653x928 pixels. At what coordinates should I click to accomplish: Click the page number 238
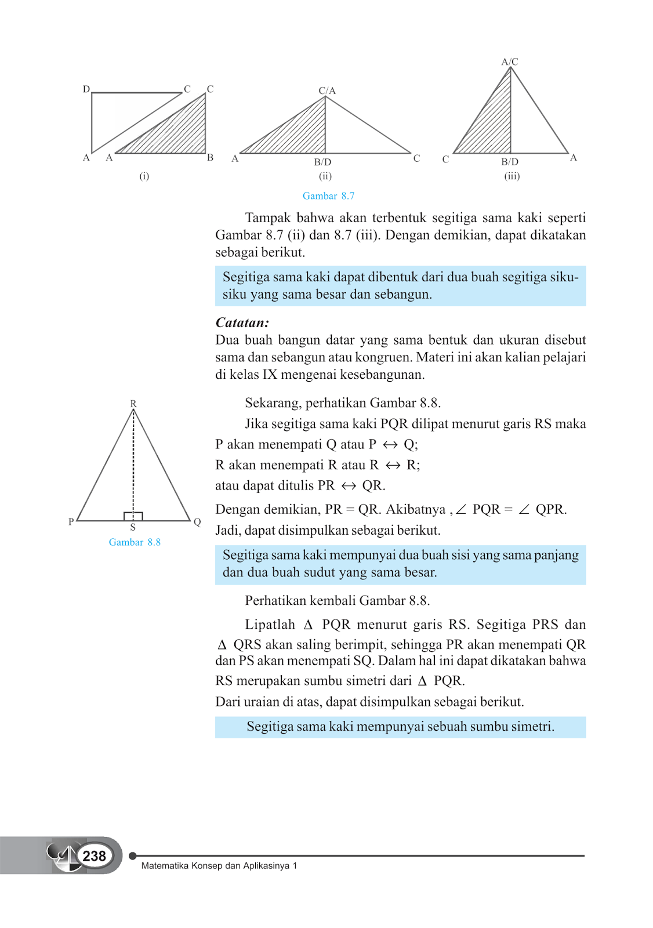tap(94, 856)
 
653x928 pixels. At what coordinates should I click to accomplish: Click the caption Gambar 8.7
tap(328, 196)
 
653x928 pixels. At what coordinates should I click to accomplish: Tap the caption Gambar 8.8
tap(135, 542)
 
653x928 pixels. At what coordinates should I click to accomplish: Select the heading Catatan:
tap(242, 322)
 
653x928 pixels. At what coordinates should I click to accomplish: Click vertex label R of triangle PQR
tap(133, 403)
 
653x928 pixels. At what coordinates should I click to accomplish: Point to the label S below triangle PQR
tap(133, 527)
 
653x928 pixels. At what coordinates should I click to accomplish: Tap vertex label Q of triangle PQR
tap(197, 522)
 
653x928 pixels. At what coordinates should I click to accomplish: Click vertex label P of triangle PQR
tap(71, 522)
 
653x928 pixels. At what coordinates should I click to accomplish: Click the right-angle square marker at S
tap(133, 516)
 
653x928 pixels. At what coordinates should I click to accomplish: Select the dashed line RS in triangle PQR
tap(133, 464)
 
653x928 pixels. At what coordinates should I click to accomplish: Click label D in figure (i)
tap(86, 89)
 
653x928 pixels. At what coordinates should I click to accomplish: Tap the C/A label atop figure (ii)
tap(327, 90)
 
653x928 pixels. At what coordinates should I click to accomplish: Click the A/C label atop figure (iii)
tap(510, 61)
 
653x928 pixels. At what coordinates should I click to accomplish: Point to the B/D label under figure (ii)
tap(322, 162)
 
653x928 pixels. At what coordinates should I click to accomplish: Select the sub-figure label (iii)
tap(511, 176)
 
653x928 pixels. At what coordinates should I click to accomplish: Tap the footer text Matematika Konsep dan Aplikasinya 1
tap(219, 865)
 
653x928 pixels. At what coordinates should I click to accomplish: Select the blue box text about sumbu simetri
tap(400, 727)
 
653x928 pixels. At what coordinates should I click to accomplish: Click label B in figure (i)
tap(211, 157)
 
